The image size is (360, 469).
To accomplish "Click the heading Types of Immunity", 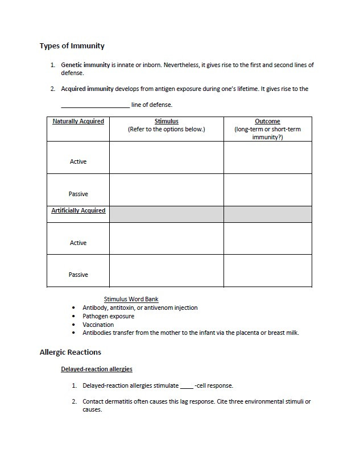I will tap(72, 45).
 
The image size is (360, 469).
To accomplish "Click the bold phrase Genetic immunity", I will tap(85, 65).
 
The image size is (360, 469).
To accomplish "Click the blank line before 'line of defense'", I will tap(95, 105).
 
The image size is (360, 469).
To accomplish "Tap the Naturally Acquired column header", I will tap(78, 122).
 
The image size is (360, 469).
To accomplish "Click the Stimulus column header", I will tap(166, 122).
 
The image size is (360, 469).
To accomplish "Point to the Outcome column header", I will tap(267, 122).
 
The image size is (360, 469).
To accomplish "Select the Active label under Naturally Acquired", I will tap(78, 162).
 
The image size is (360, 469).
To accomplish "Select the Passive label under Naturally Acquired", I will tap(78, 194).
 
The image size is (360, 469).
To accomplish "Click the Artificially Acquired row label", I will tap(78, 211).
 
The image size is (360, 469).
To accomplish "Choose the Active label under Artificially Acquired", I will tap(78, 243).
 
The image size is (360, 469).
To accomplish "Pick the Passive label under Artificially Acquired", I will tap(78, 275).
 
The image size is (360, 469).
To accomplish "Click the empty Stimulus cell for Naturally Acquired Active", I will tap(166, 157).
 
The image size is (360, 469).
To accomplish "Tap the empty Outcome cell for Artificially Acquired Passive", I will tap(267, 271).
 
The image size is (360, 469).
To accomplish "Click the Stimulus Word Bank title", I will tap(131, 299).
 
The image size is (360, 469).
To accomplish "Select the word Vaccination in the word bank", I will tap(98, 325).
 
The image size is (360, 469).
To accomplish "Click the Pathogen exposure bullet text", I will tap(108, 316).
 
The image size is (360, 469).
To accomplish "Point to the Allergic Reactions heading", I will tap(70, 352).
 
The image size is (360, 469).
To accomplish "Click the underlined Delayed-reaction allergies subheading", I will tap(96, 370).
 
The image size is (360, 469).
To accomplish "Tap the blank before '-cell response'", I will tap(186, 386).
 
